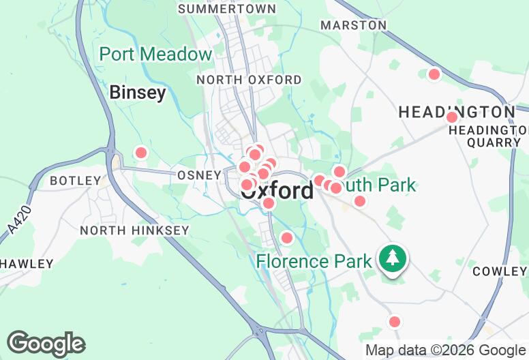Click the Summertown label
click(x=227, y=9)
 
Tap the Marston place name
click(x=353, y=25)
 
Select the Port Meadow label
click(x=156, y=55)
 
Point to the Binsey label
click(x=138, y=93)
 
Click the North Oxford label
click(x=249, y=80)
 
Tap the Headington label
click(x=457, y=112)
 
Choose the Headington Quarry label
click(x=494, y=136)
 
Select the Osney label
click(x=199, y=175)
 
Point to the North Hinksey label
click(x=134, y=230)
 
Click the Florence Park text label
click(x=314, y=261)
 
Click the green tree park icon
click(x=393, y=258)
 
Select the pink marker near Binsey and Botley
click(x=141, y=153)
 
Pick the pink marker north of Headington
click(x=434, y=74)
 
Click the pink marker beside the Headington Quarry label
click(x=451, y=117)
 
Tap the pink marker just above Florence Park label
click(x=287, y=237)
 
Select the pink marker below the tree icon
click(x=394, y=321)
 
